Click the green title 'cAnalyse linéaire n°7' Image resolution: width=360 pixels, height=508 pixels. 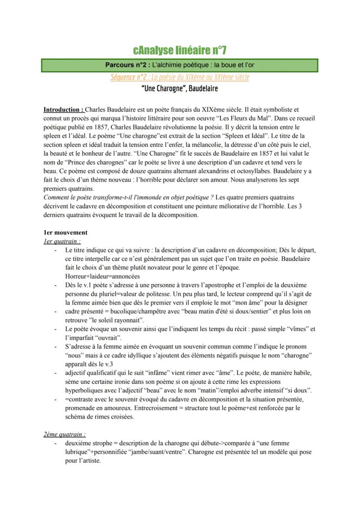tap(180, 50)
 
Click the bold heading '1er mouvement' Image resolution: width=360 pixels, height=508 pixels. tap(65, 232)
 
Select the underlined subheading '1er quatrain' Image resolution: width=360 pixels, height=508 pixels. tap(62, 241)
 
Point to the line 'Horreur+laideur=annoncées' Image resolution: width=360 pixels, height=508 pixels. tap(103, 276)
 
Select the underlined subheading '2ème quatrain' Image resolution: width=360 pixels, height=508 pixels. tap(65, 434)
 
